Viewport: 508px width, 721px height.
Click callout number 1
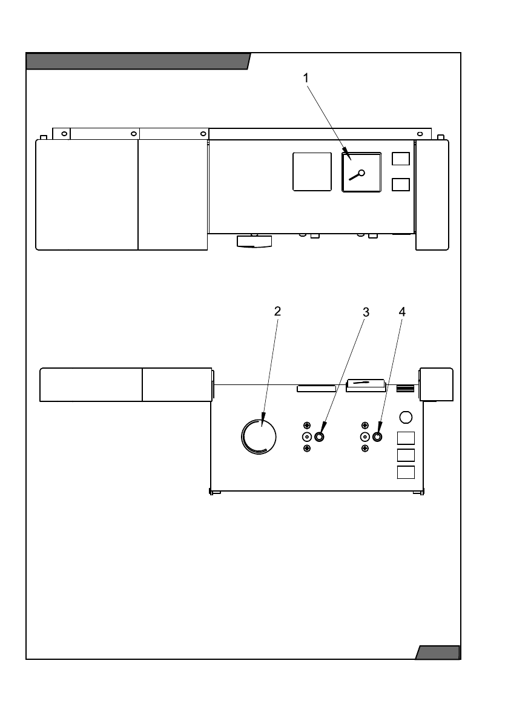(306, 78)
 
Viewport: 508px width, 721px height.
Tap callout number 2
(277, 312)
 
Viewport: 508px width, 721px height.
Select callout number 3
(366, 312)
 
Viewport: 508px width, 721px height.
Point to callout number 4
(402, 312)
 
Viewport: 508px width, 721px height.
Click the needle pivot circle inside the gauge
(361, 173)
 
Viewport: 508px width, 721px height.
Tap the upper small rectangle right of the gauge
(401, 159)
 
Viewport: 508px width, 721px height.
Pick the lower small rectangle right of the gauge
(401, 185)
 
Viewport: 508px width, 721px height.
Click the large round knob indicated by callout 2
(259, 436)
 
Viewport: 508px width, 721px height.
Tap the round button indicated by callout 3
(319, 436)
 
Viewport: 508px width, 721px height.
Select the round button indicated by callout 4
(377, 436)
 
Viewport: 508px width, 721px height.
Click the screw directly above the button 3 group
(307, 425)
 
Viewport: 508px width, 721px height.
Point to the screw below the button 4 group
(365, 448)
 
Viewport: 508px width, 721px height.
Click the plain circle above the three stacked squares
(406, 417)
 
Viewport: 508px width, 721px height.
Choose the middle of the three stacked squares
(406, 455)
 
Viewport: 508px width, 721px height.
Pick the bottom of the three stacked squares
(406, 472)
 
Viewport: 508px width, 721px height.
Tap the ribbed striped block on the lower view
(404, 387)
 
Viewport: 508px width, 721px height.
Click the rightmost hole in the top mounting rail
(420, 133)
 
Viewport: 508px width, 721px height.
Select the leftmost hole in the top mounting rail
(64, 133)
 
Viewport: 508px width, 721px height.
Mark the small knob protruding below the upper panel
(254, 242)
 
